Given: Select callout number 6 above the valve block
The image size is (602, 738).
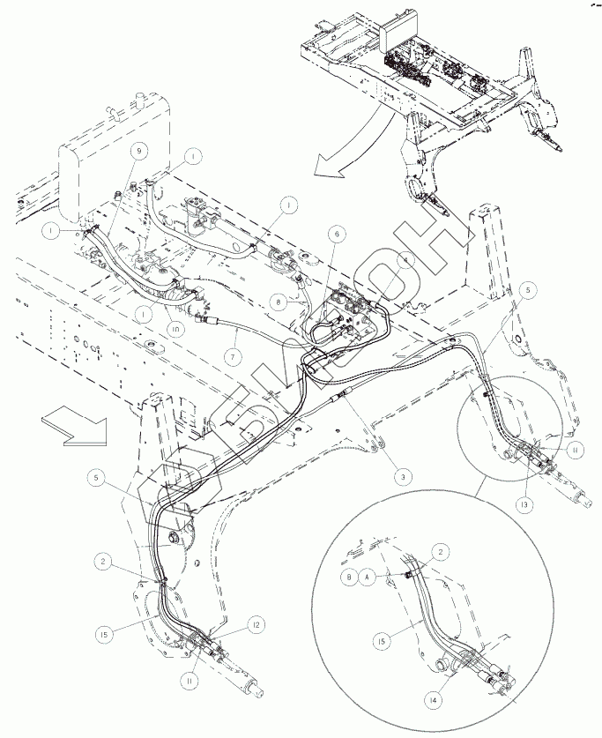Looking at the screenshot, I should (x=336, y=235).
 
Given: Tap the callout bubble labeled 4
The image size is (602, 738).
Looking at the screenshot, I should (x=405, y=261).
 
